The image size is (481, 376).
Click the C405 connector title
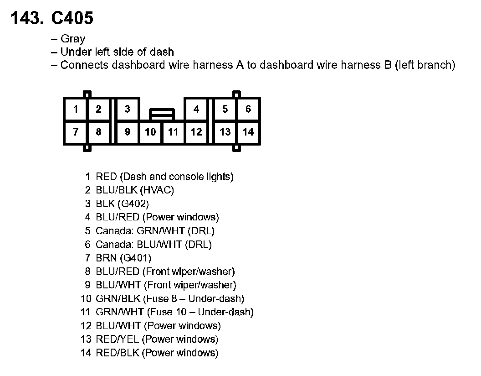point(72,18)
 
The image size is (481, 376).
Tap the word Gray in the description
point(73,39)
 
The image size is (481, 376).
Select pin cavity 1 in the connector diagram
point(76,109)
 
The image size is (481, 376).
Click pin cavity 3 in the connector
point(128,109)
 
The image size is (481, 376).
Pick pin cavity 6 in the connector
point(248,109)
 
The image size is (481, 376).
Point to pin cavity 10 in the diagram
point(150,132)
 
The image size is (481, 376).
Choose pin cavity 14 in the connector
point(248,132)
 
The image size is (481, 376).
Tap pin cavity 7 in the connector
point(76,132)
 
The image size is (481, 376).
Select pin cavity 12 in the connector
point(196,132)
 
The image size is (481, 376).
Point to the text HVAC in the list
point(159,190)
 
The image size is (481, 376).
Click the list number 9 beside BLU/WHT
point(87,285)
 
